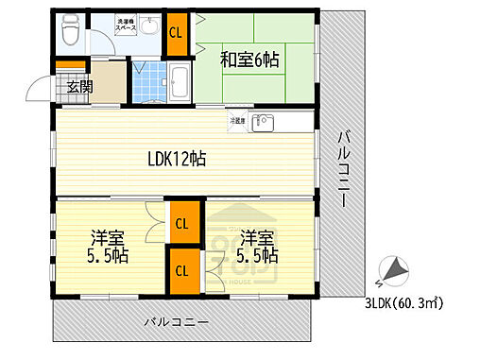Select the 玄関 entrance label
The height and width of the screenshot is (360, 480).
[78, 89]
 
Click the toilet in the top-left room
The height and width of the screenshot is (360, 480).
[70, 30]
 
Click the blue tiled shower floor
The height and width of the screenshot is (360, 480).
[145, 82]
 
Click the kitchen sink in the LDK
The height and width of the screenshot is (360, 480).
[266, 122]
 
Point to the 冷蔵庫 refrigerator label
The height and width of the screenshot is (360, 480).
[236, 121]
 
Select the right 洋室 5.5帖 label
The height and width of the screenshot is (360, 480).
[257, 246]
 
